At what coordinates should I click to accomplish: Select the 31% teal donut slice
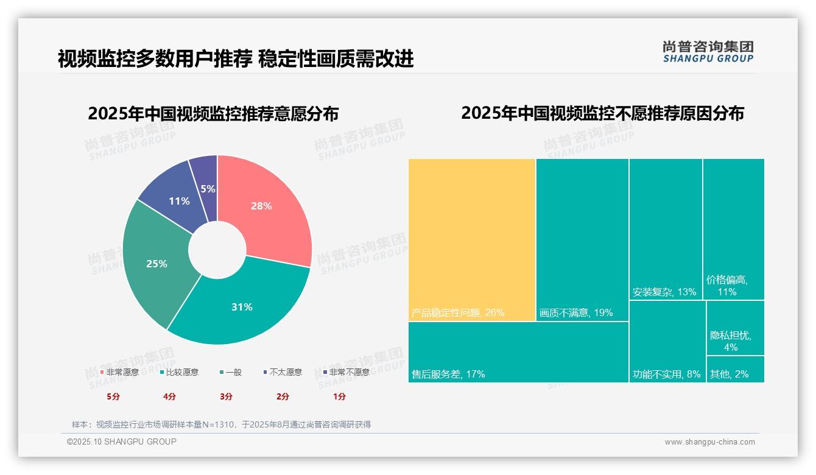(244, 308)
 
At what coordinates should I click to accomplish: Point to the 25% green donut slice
(155, 264)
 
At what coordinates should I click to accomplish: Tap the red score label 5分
(113, 396)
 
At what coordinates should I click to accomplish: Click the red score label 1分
(339, 396)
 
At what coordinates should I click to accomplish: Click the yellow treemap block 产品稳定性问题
(472, 237)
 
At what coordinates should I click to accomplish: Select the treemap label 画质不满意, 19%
(576, 313)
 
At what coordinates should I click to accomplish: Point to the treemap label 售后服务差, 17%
(449, 374)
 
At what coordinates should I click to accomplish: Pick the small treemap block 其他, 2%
(735, 369)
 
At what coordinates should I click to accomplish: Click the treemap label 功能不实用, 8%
(667, 374)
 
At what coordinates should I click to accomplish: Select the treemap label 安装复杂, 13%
(664, 292)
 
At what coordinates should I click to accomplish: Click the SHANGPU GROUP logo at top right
(708, 52)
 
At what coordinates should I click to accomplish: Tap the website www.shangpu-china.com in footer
(709, 442)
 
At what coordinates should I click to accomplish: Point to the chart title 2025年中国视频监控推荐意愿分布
(213, 114)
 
